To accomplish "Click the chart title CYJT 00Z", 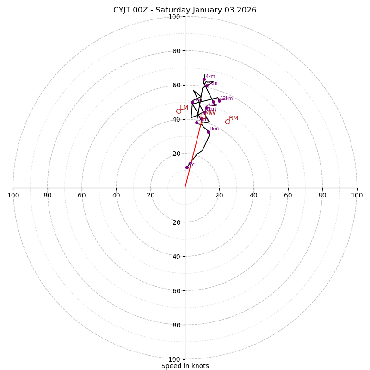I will click(x=185, y=10).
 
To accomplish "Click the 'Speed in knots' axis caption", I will click(x=185, y=366).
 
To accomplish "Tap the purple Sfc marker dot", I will click(x=187, y=167).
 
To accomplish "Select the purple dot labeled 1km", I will click(x=208, y=132).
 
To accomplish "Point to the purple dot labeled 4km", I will click(x=204, y=79).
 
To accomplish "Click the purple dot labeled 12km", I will click(x=219, y=101).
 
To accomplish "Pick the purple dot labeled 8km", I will click(x=192, y=102).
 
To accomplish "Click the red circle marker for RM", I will click(x=228, y=122).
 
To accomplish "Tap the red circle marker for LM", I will click(x=179, y=111).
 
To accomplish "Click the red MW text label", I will click(x=210, y=112).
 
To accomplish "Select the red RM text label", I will click(x=234, y=118).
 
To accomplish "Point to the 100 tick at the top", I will click(x=174, y=17).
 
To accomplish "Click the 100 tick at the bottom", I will click(x=174, y=359).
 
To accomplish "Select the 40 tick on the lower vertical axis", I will click(x=176, y=256).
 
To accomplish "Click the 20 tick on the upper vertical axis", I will click(x=176, y=154).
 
